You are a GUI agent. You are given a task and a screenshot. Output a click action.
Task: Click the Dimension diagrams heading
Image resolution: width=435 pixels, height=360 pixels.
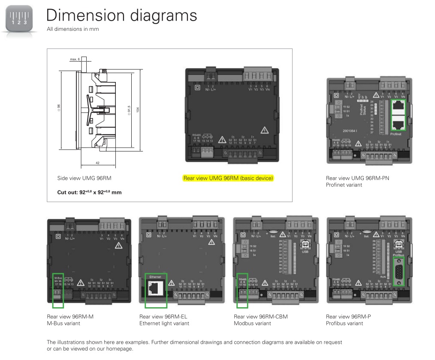point(121,15)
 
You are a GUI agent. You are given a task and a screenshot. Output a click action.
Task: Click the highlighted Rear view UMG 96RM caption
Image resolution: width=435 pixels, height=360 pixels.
point(228,178)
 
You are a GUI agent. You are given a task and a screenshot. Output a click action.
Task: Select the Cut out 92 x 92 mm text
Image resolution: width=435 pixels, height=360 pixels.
point(89,192)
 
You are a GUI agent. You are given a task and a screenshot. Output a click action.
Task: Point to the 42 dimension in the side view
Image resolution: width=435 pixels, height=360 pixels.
point(97,163)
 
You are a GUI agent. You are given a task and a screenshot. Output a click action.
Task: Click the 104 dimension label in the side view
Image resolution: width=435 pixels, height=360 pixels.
point(138,109)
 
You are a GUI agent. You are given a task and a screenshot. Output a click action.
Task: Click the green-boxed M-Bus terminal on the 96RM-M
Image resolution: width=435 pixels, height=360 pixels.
point(57,290)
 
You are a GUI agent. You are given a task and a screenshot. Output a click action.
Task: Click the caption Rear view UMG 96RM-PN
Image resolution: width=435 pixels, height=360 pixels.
point(357,178)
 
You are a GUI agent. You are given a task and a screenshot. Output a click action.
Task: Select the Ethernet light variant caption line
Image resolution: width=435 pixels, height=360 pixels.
point(164,323)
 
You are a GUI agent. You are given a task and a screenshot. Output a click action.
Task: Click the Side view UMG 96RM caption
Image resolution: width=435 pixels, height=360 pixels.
point(81,178)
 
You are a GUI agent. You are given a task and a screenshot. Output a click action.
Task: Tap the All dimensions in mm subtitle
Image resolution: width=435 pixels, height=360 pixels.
point(72,29)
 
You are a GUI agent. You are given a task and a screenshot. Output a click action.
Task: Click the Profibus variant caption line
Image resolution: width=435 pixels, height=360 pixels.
point(344,323)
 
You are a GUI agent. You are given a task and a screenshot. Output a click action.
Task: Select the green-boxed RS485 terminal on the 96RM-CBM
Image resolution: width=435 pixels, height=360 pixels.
point(242,290)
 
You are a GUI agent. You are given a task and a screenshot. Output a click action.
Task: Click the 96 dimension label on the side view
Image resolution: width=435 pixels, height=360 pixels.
point(59,106)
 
